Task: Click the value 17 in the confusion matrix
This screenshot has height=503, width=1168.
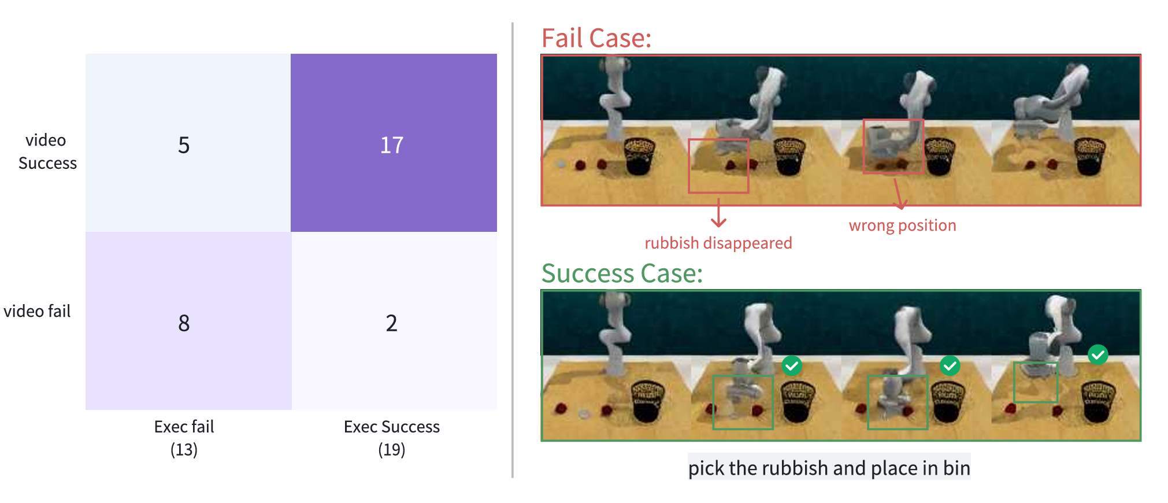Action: (392, 145)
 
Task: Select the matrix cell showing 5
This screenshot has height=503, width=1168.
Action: (188, 143)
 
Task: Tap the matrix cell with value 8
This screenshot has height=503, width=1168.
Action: (188, 321)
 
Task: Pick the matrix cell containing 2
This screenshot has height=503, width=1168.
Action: (394, 321)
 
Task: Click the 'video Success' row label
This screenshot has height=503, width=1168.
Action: (47, 151)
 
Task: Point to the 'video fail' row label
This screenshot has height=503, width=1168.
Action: (37, 311)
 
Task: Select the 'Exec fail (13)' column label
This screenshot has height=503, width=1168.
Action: (184, 438)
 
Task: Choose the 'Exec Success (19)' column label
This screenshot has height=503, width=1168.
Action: (392, 438)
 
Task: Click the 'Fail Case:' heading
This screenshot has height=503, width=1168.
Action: (596, 38)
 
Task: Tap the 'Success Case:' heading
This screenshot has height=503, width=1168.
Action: (622, 273)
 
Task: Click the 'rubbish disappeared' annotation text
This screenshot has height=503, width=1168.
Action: (718, 243)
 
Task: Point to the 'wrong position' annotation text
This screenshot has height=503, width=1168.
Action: (902, 225)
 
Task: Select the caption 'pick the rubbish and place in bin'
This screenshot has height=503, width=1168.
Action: (829, 468)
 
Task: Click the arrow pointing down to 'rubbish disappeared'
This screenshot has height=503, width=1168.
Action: (718, 213)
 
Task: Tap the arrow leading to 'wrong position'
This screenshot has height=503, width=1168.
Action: (899, 194)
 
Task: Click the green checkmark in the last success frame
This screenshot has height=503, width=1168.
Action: (1097, 354)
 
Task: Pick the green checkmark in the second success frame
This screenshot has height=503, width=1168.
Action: (792, 365)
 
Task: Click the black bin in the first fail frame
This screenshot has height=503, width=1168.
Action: (639, 156)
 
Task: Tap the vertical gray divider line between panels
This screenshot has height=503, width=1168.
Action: (513, 250)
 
